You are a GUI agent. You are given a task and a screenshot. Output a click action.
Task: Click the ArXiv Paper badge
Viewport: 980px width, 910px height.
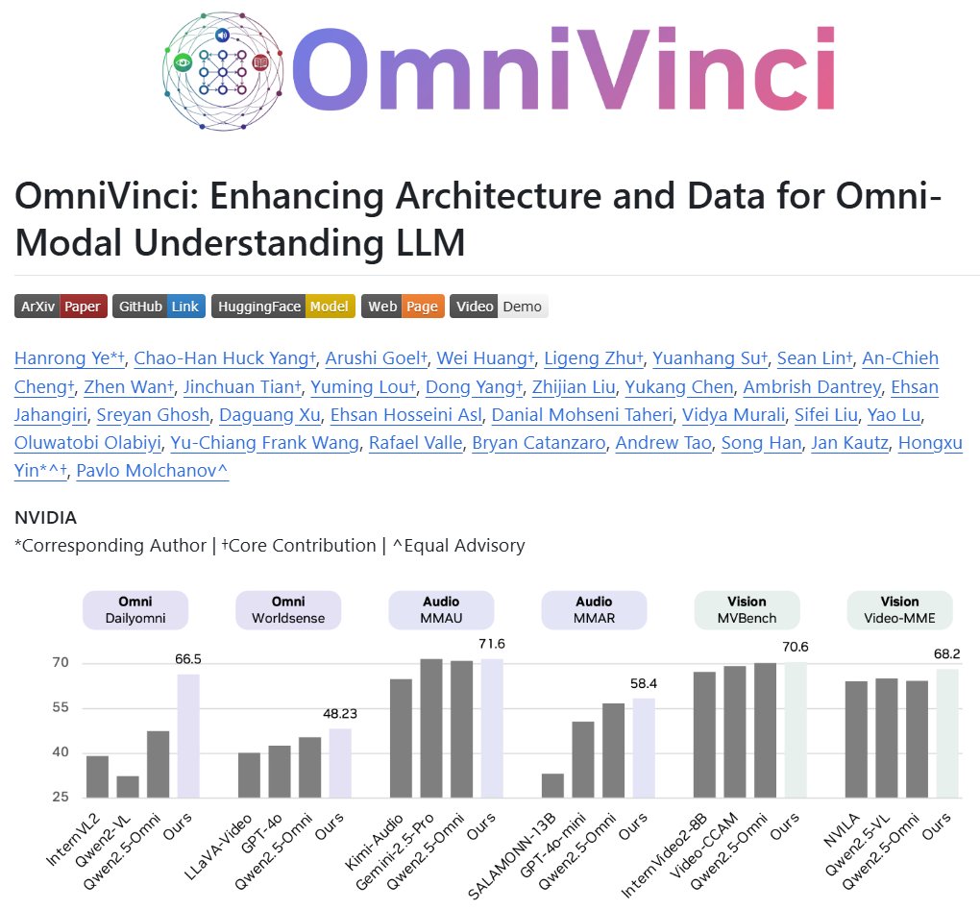[x=61, y=307]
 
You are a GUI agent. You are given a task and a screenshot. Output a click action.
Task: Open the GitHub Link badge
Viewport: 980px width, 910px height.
[x=159, y=307]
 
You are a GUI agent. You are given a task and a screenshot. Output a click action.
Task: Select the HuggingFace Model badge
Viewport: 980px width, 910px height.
[x=283, y=307]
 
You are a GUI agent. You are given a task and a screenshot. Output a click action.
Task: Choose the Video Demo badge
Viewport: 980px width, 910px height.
[x=499, y=307]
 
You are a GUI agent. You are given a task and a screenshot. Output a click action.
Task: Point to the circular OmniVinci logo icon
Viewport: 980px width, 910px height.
[x=223, y=70]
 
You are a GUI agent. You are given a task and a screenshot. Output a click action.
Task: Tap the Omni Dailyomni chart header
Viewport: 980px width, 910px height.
[x=135, y=610]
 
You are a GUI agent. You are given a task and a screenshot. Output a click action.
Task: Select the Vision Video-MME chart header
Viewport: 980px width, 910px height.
[x=899, y=610]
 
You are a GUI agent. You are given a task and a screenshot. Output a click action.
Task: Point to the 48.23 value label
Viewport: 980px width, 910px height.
[x=341, y=713]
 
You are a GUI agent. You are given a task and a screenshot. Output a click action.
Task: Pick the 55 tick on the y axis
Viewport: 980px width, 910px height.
[x=61, y=708]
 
